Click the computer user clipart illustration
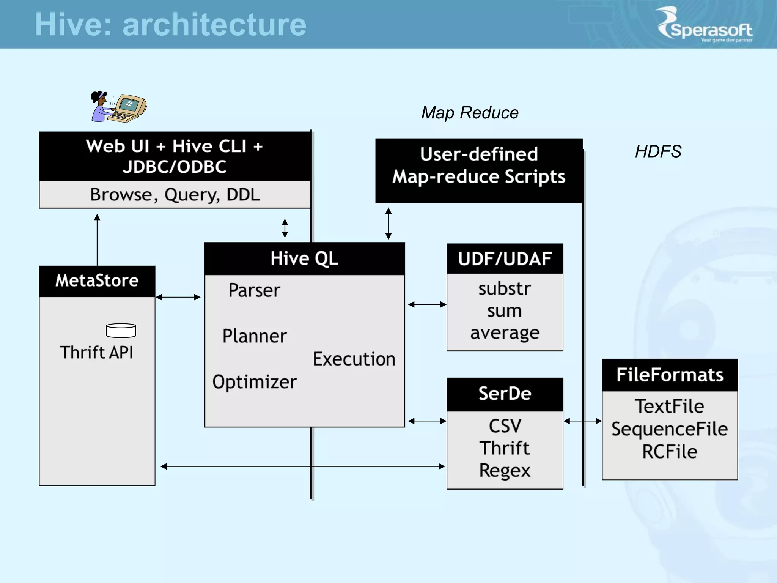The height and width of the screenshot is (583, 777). pyautogui.click(x=118, y=107)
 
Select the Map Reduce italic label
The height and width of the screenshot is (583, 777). pyautogui.click(x=470, y=113)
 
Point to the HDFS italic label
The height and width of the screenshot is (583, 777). pyautogui.click(x=658, y=151)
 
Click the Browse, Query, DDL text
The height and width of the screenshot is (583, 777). pyautogui.click(x=175, y=195)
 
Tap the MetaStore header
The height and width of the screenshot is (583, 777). pyautogui.click(x=97, y=281)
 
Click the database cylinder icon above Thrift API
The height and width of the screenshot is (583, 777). pyautogui.click(x=121, y=330)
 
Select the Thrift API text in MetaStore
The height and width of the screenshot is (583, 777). pyautogui.click(x=97, y=352)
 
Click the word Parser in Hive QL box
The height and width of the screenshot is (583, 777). pyautogui.click(x=254, y=290)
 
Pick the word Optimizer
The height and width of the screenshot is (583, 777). pyautogui.click(x=254, y=382)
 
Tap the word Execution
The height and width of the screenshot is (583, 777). pyautogui.click(x=354, y=359)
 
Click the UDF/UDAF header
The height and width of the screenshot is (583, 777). pyautogui.click(x=505, y=259)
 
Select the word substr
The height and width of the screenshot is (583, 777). pyautogui.click(x=505, y=288)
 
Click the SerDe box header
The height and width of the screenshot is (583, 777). pyautogui.click(x=505, y=394)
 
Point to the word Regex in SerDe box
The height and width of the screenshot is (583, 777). pyautogui.click(x=505, y=471)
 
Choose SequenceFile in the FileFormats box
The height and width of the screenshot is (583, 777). pyautogui.click(x=670, y=429)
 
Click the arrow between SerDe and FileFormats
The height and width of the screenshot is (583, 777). pyautogui.click(x=582, y=421)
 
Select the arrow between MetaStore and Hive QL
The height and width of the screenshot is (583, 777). pyautogui.click(x=178, y=297)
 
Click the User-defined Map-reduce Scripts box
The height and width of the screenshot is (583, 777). pyautogui.click(x=478, y=170)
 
